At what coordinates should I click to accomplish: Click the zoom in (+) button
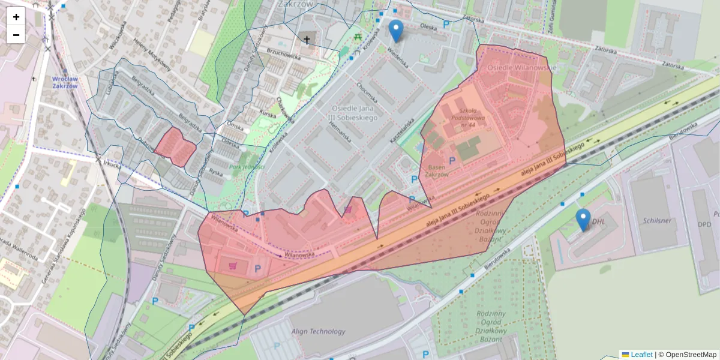click(16, 17)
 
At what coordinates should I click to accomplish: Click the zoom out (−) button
click(16, 35)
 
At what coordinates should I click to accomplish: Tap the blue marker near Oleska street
click(396, 31)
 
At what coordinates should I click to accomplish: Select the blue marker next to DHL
click(583, 220)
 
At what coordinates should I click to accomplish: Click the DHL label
click(599, 221)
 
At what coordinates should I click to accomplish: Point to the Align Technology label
click(319, 331)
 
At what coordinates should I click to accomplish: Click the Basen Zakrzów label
click(437, 171)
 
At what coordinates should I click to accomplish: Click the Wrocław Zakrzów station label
click(65, 82)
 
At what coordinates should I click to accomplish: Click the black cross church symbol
click(307, 40)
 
